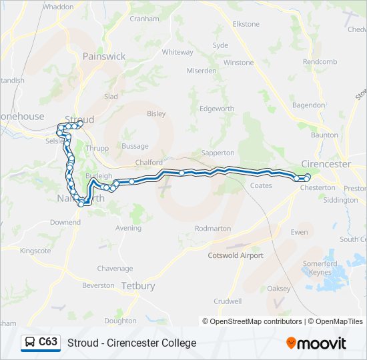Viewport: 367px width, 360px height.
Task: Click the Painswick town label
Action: (104, 57)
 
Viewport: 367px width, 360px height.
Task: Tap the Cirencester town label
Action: (326, 164)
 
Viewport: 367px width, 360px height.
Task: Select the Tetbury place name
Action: (138, 286)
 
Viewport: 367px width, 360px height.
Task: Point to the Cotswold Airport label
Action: (236, 255)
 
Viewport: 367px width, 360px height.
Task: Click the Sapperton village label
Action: (218, 153)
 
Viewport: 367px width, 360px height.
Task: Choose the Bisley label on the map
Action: (156, 114)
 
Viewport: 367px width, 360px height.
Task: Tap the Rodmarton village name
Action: (212, 229)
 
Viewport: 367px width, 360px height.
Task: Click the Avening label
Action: (128, 228)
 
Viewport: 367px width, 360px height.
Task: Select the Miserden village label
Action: (202, 71)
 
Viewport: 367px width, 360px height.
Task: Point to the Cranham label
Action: (144, 19)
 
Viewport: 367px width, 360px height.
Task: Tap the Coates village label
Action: (261, 186)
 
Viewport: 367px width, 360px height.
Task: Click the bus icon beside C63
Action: (30, 343)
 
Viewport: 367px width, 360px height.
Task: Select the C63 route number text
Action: (48, 342)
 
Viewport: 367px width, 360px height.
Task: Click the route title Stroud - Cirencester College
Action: (131, 343)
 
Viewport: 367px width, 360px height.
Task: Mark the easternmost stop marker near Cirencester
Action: (308, 177)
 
